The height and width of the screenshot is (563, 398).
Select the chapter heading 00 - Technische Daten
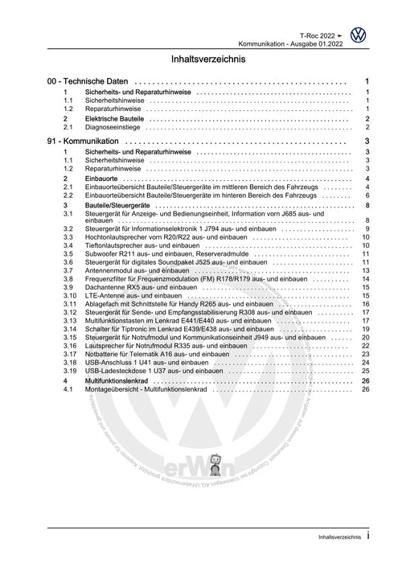pyautogui.click(x=88, y=82)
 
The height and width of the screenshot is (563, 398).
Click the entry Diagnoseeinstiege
pyautogui.click(x=113, y=127)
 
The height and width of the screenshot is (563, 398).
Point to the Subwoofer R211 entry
pyautogui.click(x=153, y=253)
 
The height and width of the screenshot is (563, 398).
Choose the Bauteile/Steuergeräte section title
pyautogui.click(x=121, y=206)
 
